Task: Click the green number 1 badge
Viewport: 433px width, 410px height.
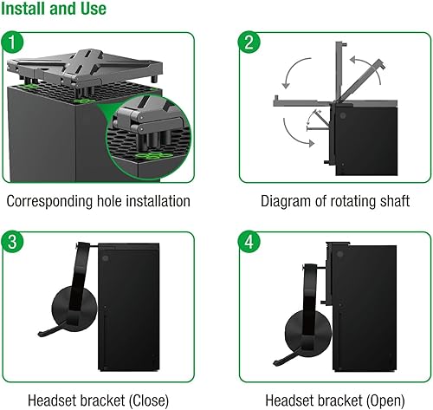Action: [x=13, y=41]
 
